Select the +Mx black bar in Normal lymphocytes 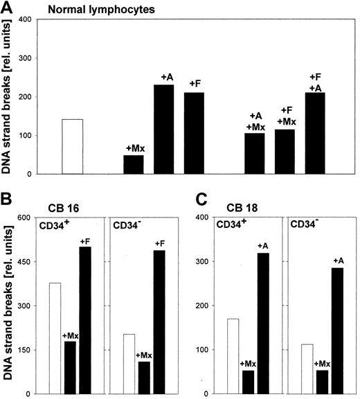(134, 165)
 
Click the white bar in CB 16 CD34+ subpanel (55, 338)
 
